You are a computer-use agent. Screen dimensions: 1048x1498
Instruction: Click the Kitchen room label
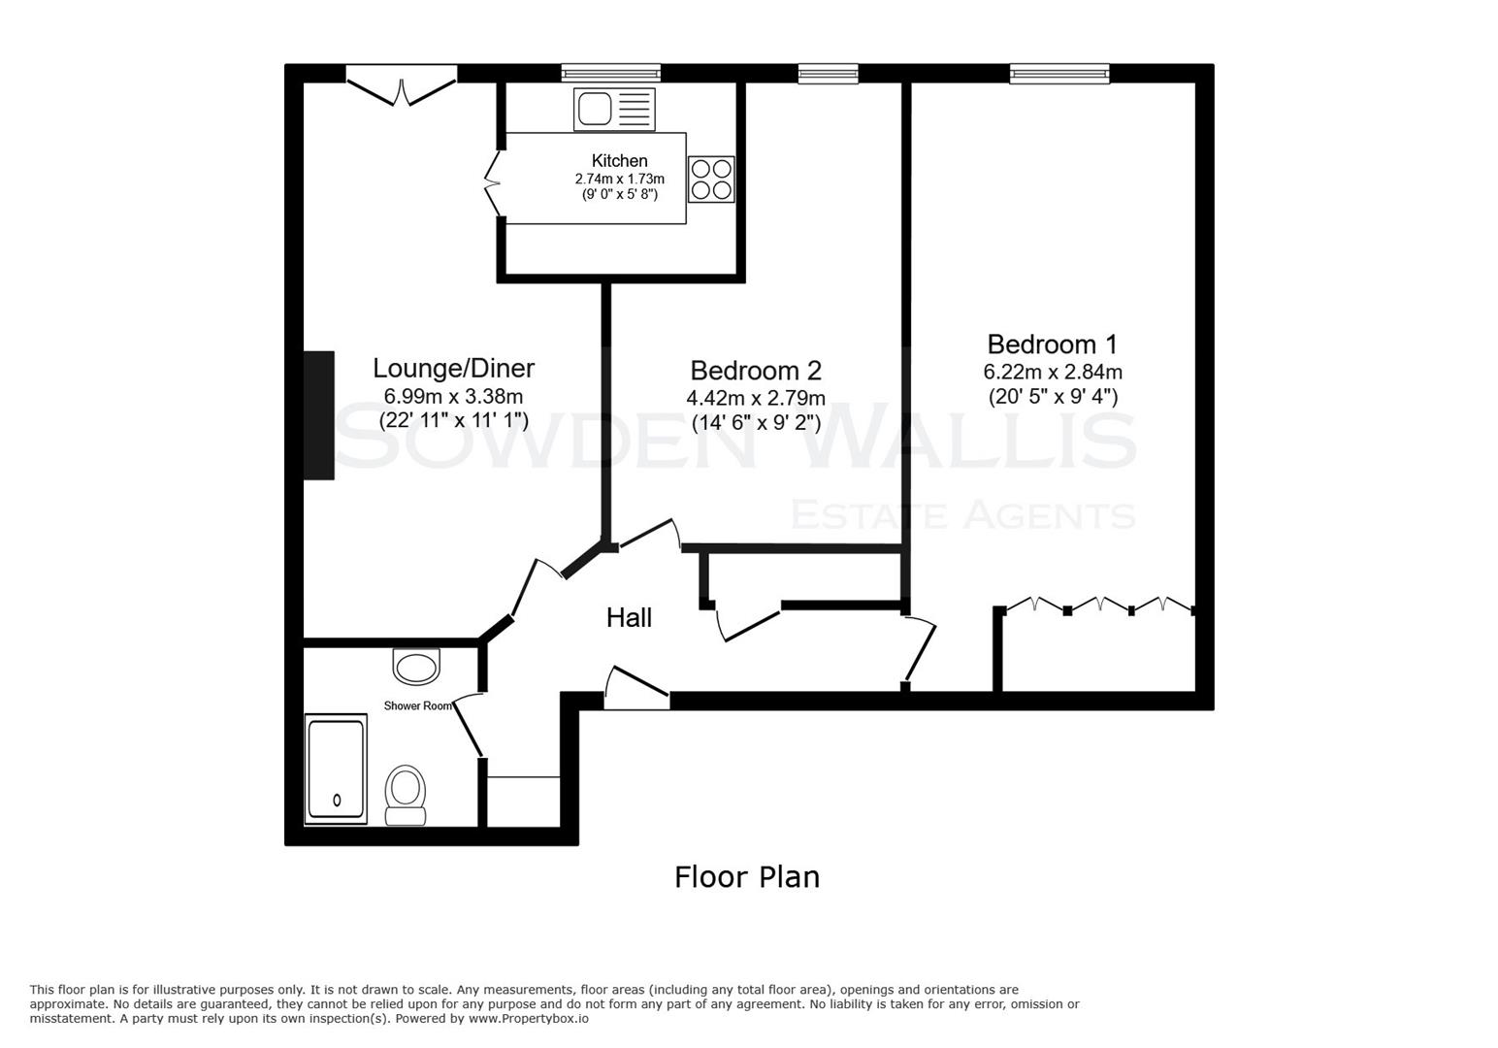(619, 161)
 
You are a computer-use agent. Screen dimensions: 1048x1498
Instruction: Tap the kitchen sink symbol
(614, 109)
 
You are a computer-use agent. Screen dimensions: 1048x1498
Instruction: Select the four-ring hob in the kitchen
(710, 180)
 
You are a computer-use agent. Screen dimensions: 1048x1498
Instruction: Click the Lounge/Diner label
(453, 369)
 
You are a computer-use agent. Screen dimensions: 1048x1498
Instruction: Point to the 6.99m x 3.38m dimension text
(453, 396)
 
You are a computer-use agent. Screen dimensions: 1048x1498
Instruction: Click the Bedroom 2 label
(756, 371)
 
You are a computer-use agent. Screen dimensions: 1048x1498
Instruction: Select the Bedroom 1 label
(1052, 344)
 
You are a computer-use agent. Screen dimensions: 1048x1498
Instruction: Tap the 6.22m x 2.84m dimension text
(1053, 372)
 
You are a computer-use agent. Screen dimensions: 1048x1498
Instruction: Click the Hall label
(629, 618)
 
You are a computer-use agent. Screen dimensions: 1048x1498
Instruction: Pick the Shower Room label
(418, 705)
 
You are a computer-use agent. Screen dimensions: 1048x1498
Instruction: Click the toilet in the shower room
(406, 795)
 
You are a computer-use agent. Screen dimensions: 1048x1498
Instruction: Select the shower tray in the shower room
(336, 769)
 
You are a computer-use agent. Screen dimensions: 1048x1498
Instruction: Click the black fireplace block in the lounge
(319, 415)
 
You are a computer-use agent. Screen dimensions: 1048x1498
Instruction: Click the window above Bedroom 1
(1058, 73)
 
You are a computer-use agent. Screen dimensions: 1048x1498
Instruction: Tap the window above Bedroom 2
(828, 73)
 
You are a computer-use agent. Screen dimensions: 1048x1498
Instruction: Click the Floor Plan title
(747, 877)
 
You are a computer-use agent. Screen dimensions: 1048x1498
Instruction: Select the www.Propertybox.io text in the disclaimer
(528, 1019)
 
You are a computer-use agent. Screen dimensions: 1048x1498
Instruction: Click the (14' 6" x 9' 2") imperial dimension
(756, 423)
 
